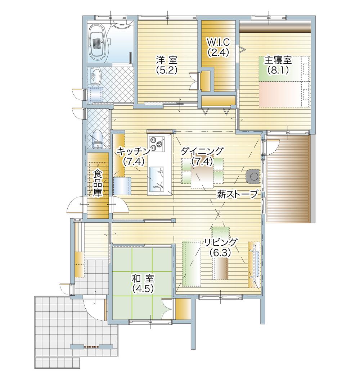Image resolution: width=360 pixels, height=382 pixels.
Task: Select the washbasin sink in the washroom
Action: pos(95,76)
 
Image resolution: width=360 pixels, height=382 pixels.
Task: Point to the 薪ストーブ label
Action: pos(238,195)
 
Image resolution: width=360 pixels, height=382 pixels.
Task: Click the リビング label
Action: pos(220,242)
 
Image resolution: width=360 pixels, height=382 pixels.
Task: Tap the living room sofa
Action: pos(191,263)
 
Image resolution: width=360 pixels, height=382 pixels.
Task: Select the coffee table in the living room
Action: pos(220,268)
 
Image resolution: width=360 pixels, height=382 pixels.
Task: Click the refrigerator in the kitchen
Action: pos(122,186)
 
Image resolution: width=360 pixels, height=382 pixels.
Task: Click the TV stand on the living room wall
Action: pos(254,265)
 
